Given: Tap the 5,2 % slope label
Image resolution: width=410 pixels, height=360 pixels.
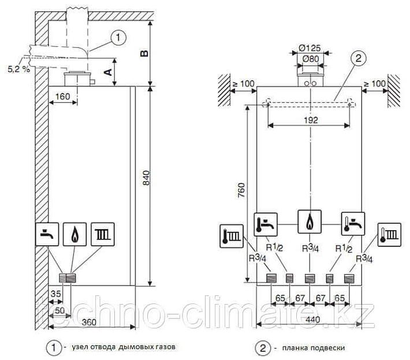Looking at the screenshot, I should pyautogui.click(x=17, y=69).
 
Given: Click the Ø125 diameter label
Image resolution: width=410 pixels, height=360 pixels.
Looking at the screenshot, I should pyautogui.click(x=311, y=49).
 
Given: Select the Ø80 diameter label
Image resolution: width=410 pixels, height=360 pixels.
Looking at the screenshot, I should pyautogui.click(x=311, y=58).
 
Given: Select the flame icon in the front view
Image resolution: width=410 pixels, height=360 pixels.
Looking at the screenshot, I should pyautogui.click(x=310, y=222).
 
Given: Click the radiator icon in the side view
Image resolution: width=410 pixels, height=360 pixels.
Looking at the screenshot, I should pyautogui.click(x=102, y=234).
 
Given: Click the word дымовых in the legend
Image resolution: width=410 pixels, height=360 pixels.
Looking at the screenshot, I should pyautogui.click(x=137, y=347).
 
